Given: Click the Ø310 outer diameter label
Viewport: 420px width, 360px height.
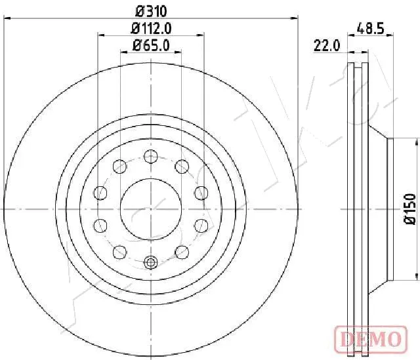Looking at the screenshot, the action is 152,11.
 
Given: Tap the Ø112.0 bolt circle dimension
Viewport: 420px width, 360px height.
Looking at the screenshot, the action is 151,28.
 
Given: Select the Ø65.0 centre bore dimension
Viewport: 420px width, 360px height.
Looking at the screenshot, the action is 151,45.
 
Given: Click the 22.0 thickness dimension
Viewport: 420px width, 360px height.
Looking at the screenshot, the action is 327,45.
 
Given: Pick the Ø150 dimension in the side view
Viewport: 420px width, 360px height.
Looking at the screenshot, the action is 410,209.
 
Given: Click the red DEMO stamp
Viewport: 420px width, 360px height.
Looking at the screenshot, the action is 371,339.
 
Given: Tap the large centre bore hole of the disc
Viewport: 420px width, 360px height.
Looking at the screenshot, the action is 151,209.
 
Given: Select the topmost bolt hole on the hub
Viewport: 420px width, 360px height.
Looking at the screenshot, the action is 151,156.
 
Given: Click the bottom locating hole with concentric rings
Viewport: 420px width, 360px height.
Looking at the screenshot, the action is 151,262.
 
